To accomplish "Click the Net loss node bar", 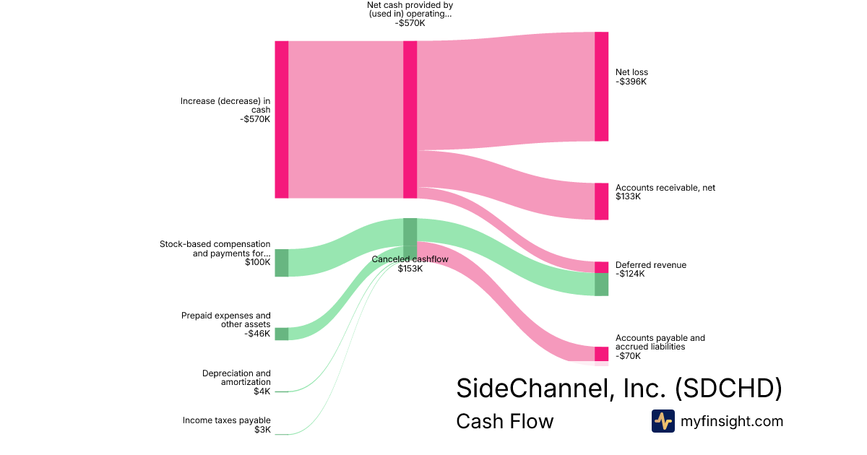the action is coord(601,87).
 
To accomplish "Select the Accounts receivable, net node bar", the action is coord(601,201).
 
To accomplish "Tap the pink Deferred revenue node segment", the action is coord(601,267).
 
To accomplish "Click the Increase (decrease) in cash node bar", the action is coord(282,120).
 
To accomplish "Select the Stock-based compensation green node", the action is coord(282,263).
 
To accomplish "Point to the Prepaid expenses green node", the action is coord(282,334).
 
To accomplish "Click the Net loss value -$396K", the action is coord(631,82).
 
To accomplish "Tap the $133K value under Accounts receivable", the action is coord(628,196).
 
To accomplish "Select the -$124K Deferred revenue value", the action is coord(630,274).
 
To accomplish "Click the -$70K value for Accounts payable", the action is coord(628,356).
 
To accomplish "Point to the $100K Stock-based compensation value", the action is coord(258,262).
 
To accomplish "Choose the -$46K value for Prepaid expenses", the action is coord(257,334).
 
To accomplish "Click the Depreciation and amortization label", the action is coord(236,378).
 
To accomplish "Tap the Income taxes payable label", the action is coord(227,420).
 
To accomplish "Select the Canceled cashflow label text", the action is coord(410,259).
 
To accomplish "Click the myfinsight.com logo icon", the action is coord(663,421).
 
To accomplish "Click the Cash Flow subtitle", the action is coord(505,421).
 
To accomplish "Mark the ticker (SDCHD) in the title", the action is coord(728,389).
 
